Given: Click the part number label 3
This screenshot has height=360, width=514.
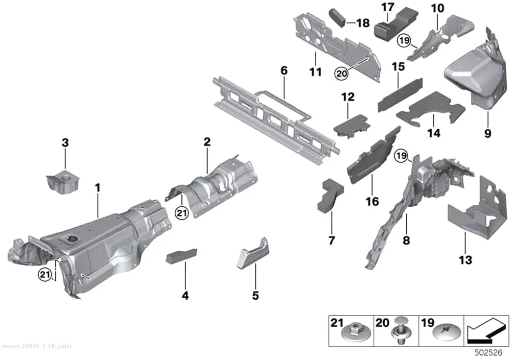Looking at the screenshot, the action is (x=65, y=143).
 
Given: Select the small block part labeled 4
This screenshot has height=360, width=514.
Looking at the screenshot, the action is (x=182, y=256).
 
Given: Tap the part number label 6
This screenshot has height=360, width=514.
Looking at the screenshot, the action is (x=284, y=71).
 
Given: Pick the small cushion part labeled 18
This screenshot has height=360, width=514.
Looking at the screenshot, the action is (x=337, y=18).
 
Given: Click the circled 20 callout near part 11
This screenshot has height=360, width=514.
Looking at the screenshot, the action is (x=341, y=73).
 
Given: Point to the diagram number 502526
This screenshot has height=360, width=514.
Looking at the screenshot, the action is (x=489, y=353).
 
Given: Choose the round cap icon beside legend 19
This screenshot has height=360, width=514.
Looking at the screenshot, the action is (x=447, y=333).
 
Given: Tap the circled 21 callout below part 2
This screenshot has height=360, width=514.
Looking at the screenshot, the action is (x=182, y=214).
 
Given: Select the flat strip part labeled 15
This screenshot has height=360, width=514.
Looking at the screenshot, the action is (x=400, y=95).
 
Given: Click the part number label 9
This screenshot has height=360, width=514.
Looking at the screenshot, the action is (x=488, y=133).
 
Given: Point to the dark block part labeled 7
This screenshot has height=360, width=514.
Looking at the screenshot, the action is (x=330, y=195).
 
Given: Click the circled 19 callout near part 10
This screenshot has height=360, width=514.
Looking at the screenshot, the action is (x=404, y=41).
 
